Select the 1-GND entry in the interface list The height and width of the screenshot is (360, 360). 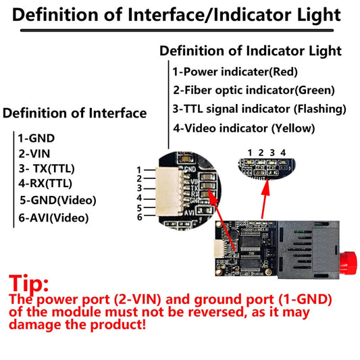[x=36, y=138]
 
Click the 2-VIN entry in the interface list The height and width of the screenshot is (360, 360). [x=35, y=153]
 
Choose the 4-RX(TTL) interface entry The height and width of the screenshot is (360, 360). [x=45, y=183]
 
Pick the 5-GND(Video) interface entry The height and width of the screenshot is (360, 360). [x=58, y=200]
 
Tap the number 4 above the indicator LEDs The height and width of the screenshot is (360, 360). [x=284, y=153]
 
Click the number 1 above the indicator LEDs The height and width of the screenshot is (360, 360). [x=250, y=153]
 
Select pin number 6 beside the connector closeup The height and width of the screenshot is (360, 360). [x=139, y=217]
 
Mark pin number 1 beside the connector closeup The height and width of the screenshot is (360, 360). [x=139, y=170]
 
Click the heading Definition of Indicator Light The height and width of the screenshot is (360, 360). [x=250, y=51]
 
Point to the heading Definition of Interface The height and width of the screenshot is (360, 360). [x=74, y=113]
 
